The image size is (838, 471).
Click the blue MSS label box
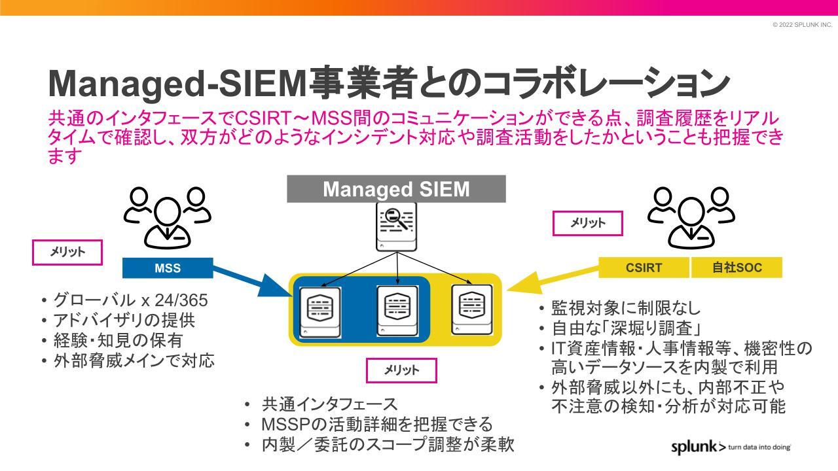pyautogui.click(x=168, y=268)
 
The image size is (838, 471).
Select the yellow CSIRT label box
pyautogui.click(x=644, y=268)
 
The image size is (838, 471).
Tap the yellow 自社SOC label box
pyautogui.click(x=737, y=268)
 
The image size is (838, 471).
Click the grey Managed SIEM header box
pyautogui.click(x=396, y=189)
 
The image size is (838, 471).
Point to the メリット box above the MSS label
pyautogui.click(x=67, y=253)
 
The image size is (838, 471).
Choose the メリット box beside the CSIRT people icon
pyautogui.click(x=587, y=223)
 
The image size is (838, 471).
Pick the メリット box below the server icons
pyautogui.click(x=401, y=370)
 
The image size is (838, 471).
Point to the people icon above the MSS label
pyautogui.click(x=168, y=215)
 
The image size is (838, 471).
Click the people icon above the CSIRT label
pyautogui.click(x=691, y=215)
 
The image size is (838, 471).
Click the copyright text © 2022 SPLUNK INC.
pyautogui.click(x=802, y=25)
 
